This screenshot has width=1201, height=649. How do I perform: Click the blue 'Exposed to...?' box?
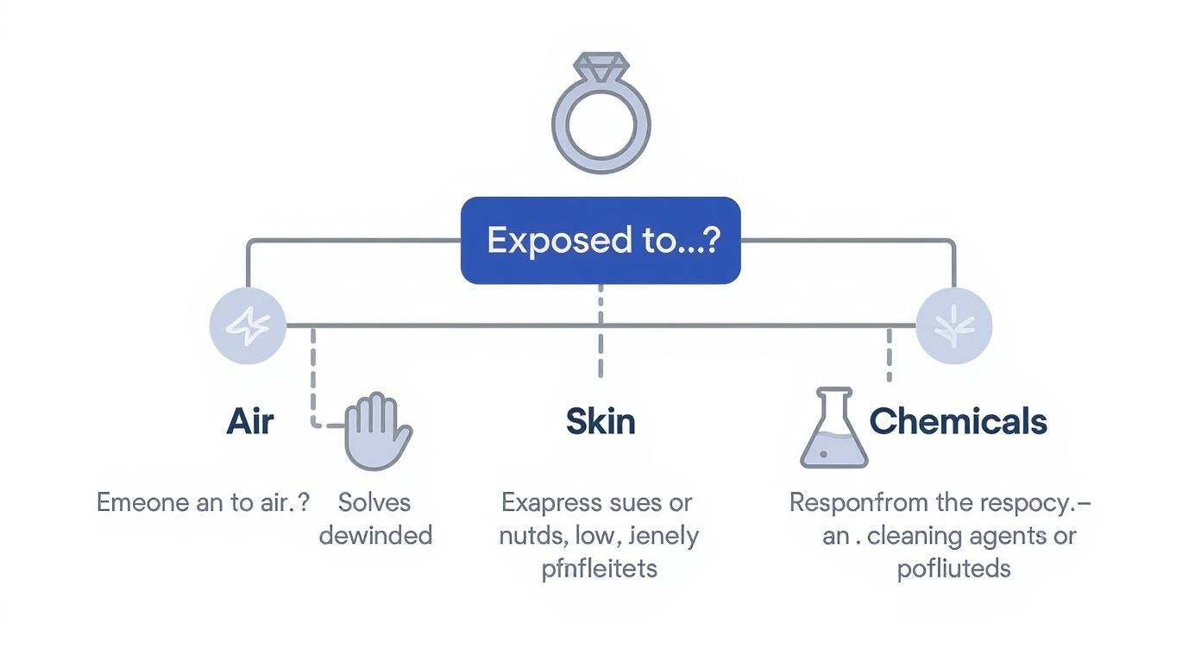pyautogui.click(x=600, y=240)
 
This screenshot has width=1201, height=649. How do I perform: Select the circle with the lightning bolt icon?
pyautogui.click(x=248, y=326)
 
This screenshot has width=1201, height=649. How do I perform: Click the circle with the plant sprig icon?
pyautogui.click(x=953, y=326)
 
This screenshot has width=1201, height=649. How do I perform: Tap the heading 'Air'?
pyautogui.click(x=250, y=422)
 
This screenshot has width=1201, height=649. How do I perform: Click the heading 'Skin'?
pyautogui.click(x=600, y=422)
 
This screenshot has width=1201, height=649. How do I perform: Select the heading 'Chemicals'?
pyautogui.click(x=958, y=422)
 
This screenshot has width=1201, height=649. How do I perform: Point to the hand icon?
pyautogui.click(x=378, y=432)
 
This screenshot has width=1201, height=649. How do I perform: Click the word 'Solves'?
pyautogui.click(x=374, y=502)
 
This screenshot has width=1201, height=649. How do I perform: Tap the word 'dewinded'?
pyautogui.click(x=375, y=535)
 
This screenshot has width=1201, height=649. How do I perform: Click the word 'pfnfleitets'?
pyautogui.click(x=600, y=569)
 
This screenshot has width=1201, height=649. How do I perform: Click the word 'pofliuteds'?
pyautogui.click(x=953, y=569)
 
